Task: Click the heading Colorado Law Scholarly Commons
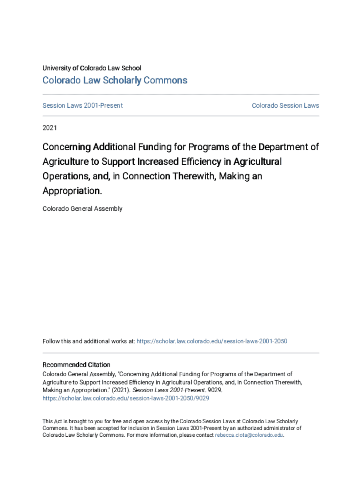coord(115,80)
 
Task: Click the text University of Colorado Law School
coord(92,68)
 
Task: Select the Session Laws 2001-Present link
coord(83,105)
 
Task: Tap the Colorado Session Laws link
coord(285,105)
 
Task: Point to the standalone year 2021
coord(50,128)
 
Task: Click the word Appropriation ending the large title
coord(71,191)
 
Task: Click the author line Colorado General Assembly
coord(82,209)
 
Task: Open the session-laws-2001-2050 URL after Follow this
coord(212,341)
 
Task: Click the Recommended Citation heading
coord(77,365)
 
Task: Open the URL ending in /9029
coord(126,398)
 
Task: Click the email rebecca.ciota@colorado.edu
coord(249,435)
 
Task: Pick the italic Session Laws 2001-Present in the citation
coord(159,390)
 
